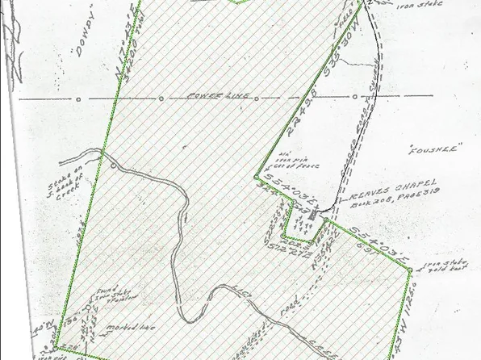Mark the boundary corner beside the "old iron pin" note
point(257,175)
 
